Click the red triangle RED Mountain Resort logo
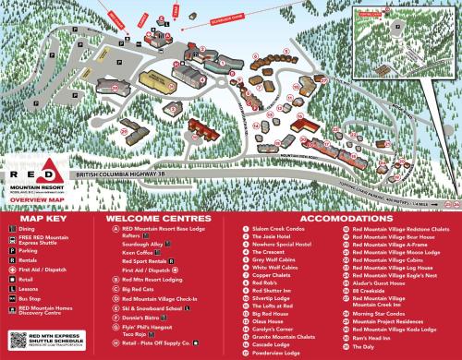coord(36,171)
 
